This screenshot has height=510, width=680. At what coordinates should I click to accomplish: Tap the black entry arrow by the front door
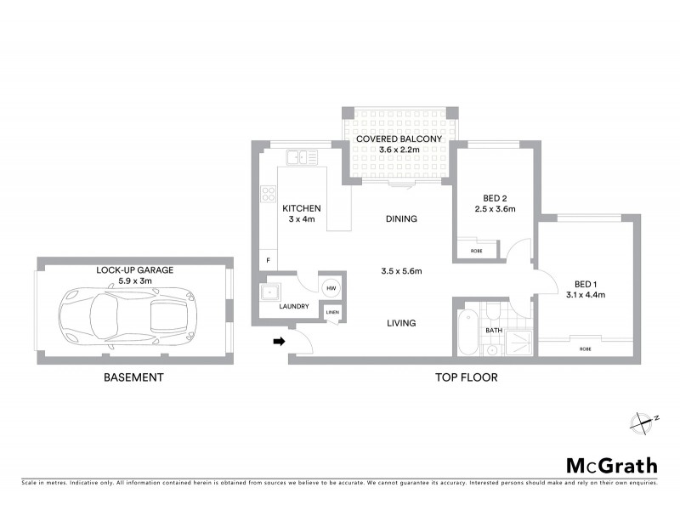(277, 342)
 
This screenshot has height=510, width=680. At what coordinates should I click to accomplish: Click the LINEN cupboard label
(331, 312)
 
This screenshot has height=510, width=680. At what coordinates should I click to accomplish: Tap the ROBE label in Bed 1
(586, 349)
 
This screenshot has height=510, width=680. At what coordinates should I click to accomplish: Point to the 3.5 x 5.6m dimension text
(400, 271)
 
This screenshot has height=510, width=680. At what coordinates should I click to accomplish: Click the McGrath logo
(611, 465)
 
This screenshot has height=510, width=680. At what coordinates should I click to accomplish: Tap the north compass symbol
(642, 421)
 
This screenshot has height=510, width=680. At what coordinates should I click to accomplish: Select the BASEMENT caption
(133, 377)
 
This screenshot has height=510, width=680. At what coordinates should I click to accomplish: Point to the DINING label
(400, 218)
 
